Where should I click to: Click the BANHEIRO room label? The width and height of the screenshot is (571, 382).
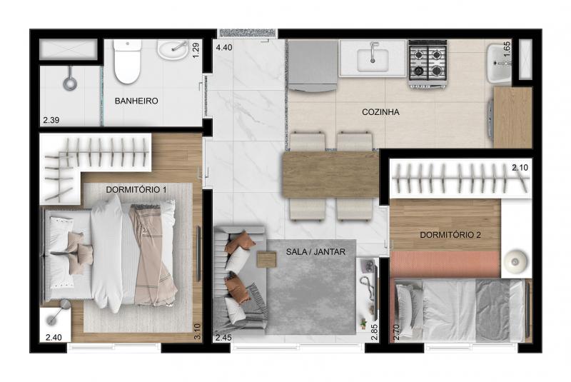136,101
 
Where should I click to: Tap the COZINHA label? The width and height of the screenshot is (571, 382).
380,112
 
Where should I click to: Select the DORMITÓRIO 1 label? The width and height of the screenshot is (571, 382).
136,190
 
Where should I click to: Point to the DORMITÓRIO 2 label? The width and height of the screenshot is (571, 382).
450,235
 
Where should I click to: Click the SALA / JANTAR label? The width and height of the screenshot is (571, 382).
315,251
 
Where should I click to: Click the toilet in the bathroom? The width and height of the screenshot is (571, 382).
127,61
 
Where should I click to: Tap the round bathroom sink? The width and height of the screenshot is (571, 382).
173,49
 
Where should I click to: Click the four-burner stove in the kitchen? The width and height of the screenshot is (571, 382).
428,63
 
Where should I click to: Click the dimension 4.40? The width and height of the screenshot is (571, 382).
224,47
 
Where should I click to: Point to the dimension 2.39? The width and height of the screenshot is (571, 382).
51,120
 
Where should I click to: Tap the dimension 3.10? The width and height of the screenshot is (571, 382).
198,332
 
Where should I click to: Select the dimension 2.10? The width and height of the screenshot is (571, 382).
520,168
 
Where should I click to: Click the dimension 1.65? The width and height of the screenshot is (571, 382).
507,49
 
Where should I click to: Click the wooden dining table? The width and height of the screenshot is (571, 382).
330,175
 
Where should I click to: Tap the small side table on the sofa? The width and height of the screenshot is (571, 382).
266,260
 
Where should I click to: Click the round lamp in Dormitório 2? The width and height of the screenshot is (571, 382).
515,261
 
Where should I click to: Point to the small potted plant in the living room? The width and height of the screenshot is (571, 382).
363,322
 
